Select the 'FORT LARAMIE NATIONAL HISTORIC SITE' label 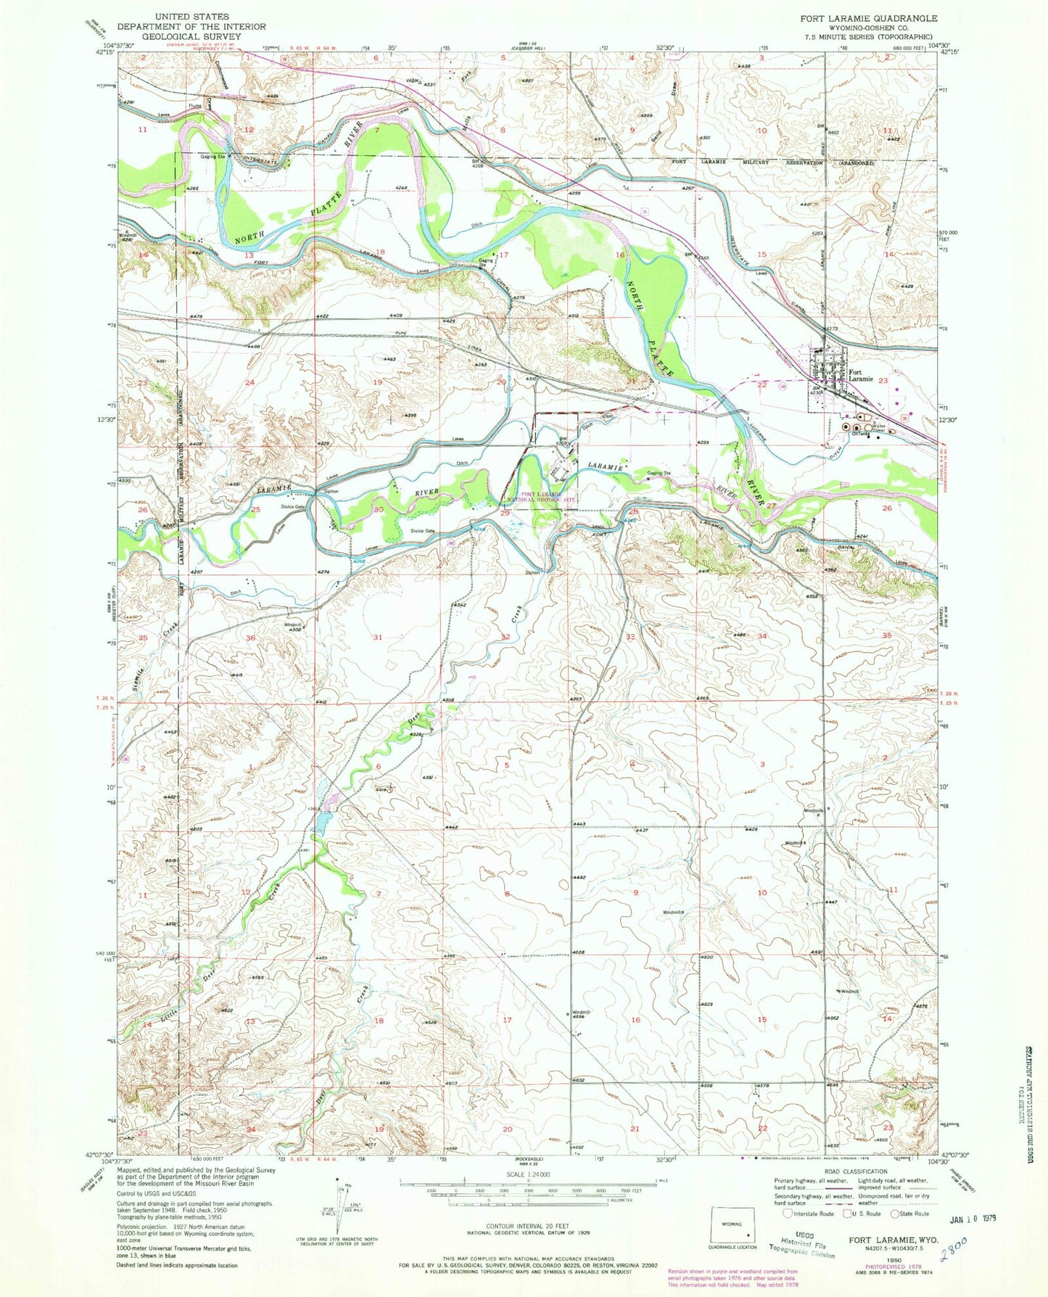540,496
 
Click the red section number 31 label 377,637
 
